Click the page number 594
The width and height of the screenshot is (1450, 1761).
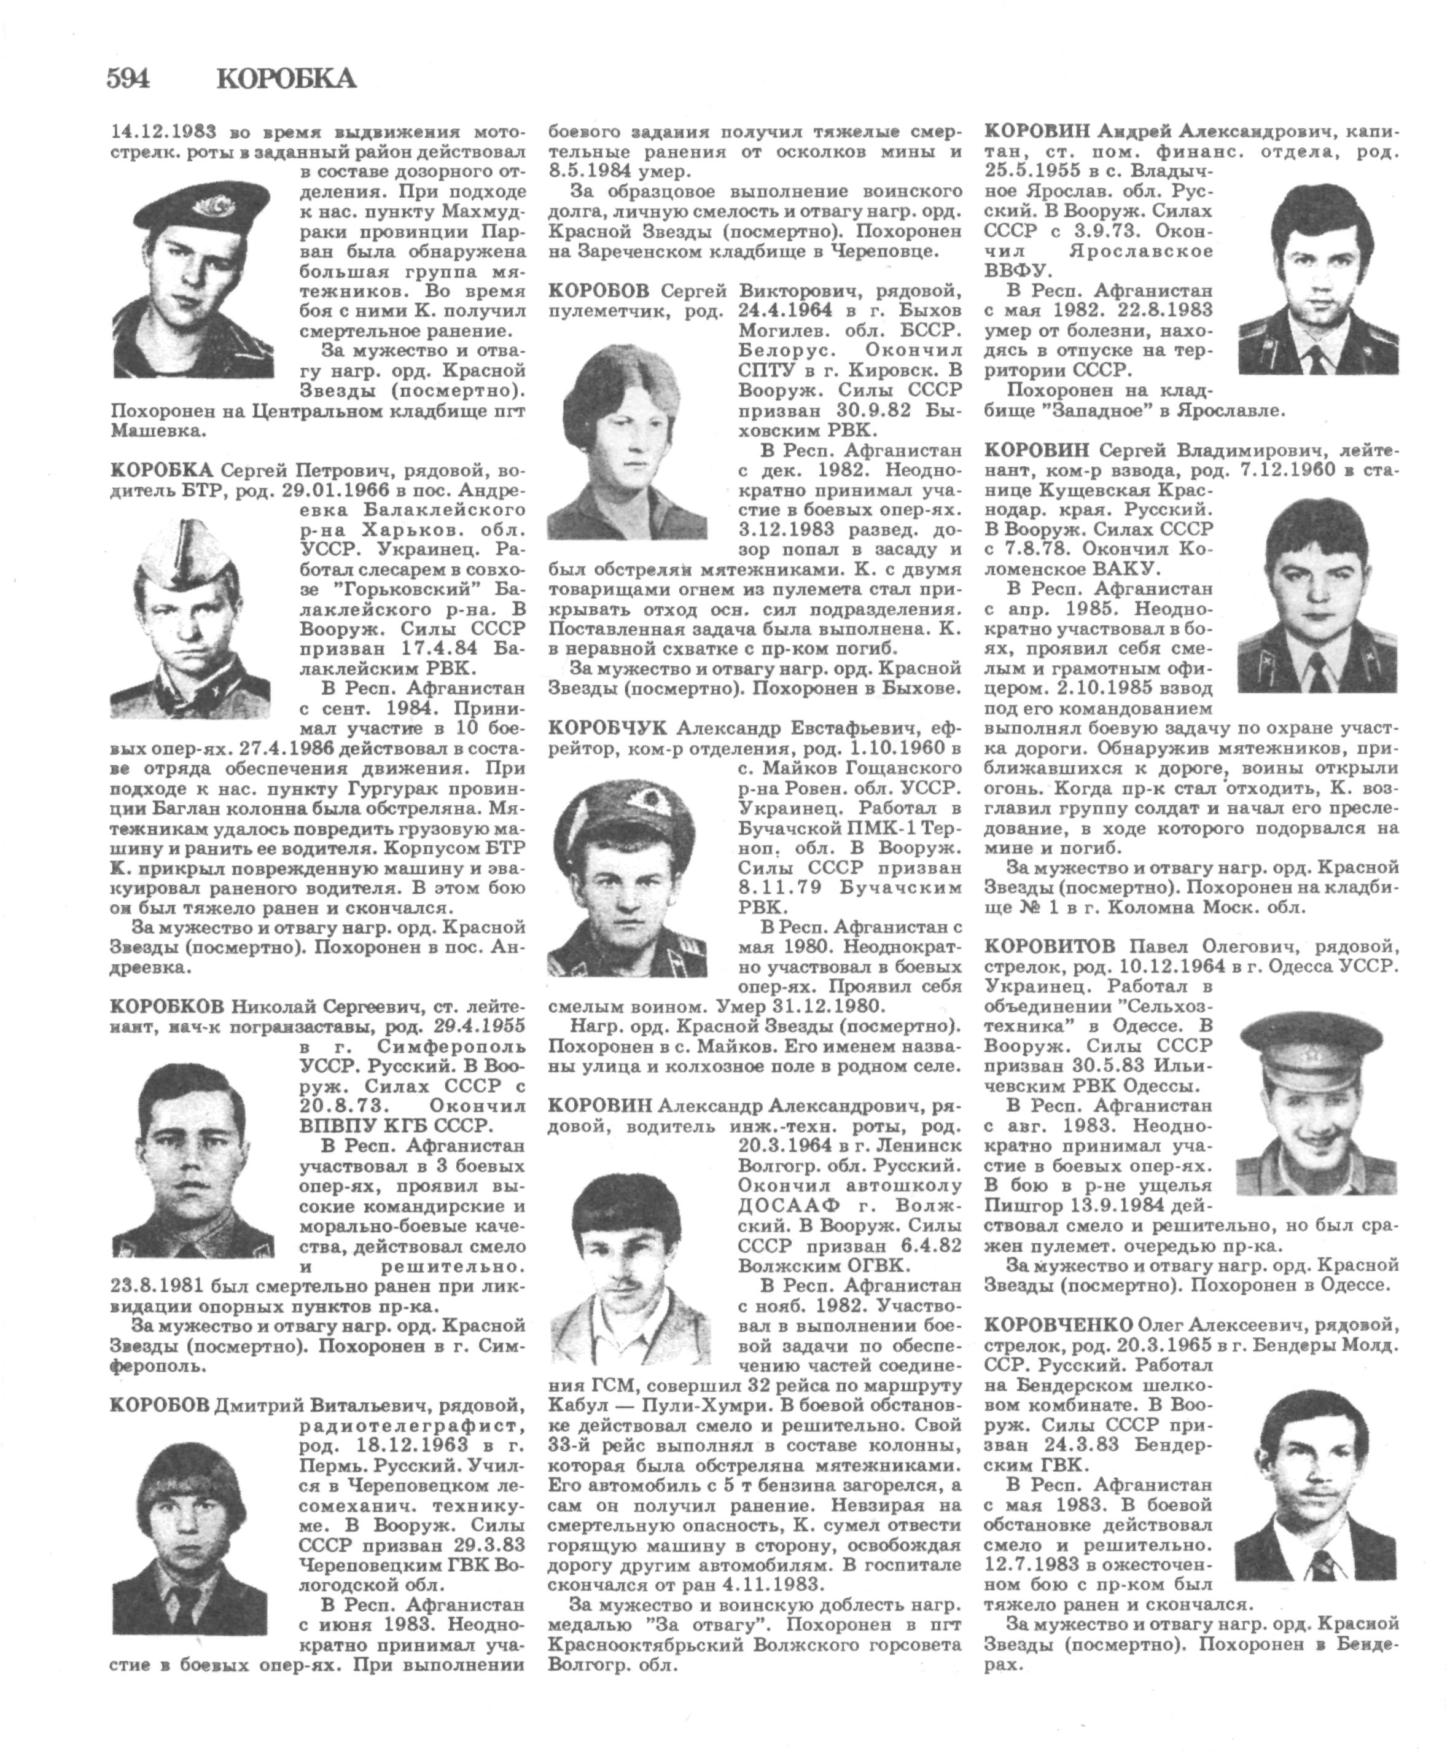(128, 79)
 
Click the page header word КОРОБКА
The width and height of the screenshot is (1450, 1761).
(286, 79)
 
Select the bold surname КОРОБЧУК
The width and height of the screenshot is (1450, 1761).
(607, 727)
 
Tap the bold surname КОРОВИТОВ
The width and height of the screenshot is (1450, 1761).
(1049, 947)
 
